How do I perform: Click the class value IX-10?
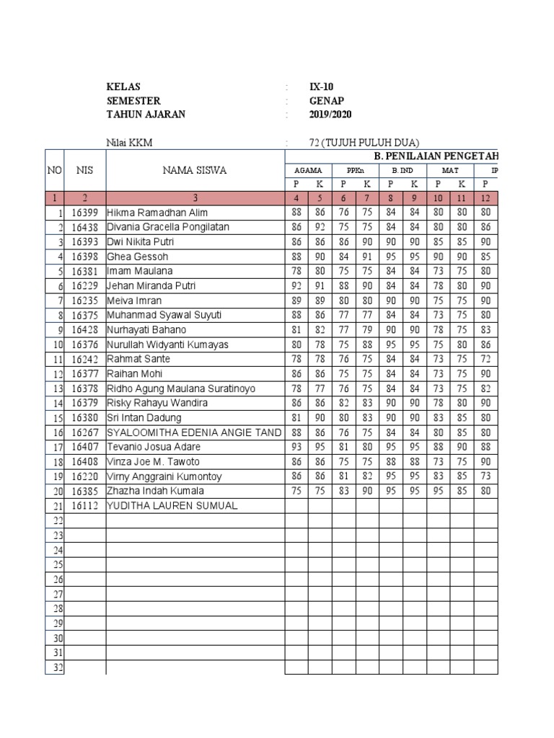click(x=321, y=86)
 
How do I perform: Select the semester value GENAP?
click(x=325, y=101)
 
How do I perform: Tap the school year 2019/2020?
click(x=330, y=115)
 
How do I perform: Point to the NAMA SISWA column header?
click(x=195, y=170)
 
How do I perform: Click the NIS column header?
click(x=85, y=170)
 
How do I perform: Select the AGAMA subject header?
click(x=308, y=171)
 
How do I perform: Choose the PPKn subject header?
click(x=355, y=171)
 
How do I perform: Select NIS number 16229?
click(x=85, y=286)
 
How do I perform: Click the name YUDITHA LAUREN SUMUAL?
click(x=172, y=506)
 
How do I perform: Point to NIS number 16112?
click(x=85, y=506)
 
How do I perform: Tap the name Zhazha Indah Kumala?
click(x=155, y=491)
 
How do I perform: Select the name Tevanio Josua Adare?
click(x=153, y=447)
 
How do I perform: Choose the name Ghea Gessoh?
click(x=137, y=257)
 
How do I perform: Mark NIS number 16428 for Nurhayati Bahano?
click(x=85, y=330)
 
